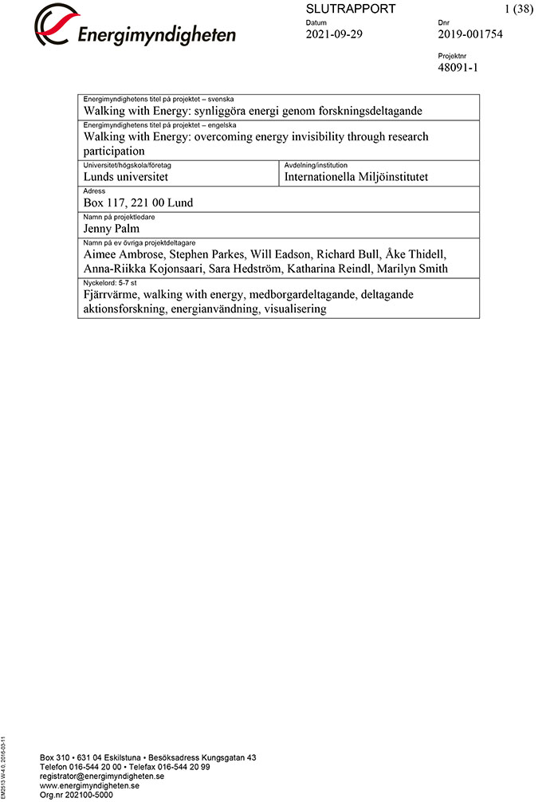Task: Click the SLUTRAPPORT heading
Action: click(x=350, y=9)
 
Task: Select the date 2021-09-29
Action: click(x=334, y=34)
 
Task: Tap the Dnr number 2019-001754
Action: click(x=470, y=34)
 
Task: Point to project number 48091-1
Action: click(x=458, y=68)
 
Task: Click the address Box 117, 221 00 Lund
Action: click(x=138, y=202)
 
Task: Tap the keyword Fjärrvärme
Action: click(x=112, y=294)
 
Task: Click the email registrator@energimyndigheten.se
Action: click(x=102, y=776)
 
